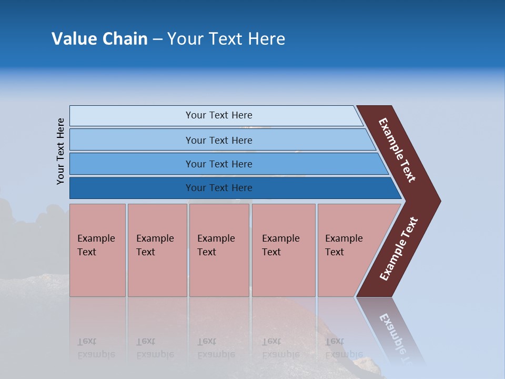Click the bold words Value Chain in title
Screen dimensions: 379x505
click(99, 38)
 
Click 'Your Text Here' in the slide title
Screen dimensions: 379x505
click(226, 38)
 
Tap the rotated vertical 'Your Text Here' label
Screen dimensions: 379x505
click(60, 151)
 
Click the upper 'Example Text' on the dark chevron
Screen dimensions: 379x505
click(397, 150)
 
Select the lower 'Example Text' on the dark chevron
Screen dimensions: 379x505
click(399, 248)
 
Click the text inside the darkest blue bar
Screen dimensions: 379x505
click(219, 188)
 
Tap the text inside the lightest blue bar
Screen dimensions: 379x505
click(219, 115)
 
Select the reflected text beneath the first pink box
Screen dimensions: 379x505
click(96, 348)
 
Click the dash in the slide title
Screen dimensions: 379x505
click(157, 39)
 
